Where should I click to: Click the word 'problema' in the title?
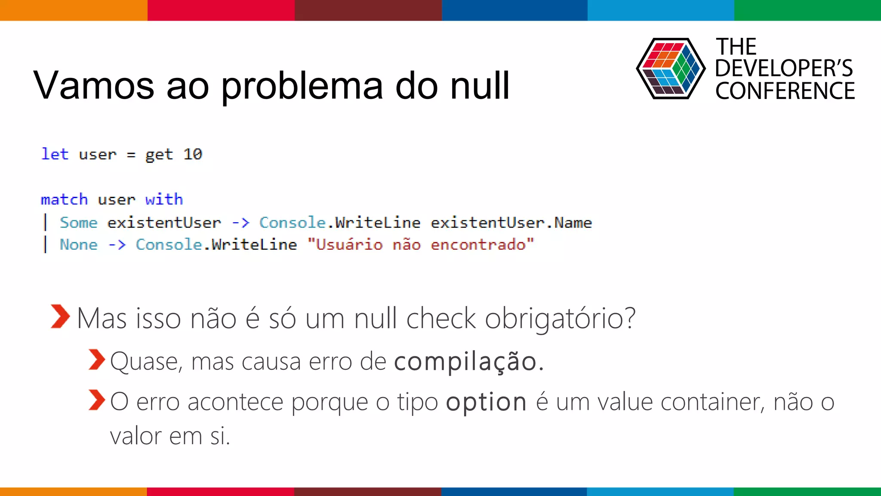pyautogui.click(x=301, y=86)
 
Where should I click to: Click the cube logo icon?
pyautogui.click(x=670, y=68)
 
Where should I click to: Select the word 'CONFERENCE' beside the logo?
pyautogui.click(x=785, y=91)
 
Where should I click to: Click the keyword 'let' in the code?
pyautogui.click(x=55, y=154)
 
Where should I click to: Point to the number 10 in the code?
pyautogui.click(x=193, y=154)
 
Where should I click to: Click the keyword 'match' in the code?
pyautogui.click(x=64, y=200)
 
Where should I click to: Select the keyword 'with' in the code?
pyautogui.click(x=164, y=200)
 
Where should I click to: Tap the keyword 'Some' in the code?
pyautogui.click(x=79, y=223)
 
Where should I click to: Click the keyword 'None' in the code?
pyautogui.click(x=79, y=245)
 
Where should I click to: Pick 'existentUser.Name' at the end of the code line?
pyautogui.click(x=511, y=223)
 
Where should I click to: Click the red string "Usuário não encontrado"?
pyautogui.click(x=421, y=245)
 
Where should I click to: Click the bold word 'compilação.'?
pyautogui.click(x=469, y=361)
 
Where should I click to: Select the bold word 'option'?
pyautogui.click(x=486, y=402)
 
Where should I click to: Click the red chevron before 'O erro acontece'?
pyautogui.click(x=97, y=400)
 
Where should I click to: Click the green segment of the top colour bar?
pyautogui.click(x=807, y=10)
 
